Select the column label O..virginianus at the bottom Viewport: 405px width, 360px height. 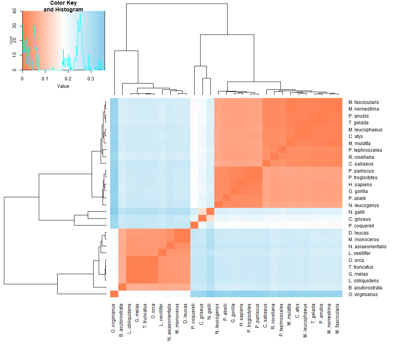(114, 318)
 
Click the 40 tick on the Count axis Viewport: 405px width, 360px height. (14, 11)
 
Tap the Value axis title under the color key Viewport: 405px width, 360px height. (63, 86)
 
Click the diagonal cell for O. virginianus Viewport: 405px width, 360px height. (114, 295)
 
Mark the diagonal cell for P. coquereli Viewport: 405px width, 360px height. (194, 225)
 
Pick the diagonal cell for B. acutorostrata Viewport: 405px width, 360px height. (122, 287)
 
